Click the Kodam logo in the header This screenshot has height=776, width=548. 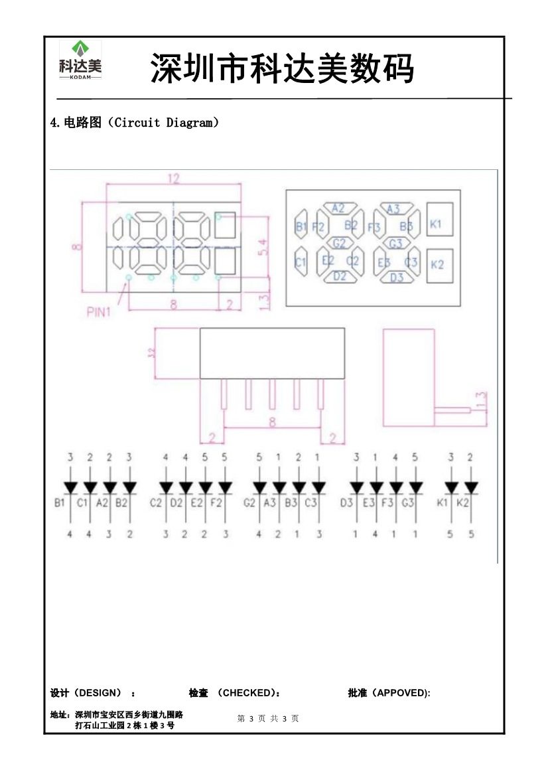[x=80, y=60]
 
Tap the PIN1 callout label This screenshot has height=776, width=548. [x=98, y=312]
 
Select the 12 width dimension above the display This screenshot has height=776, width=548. [x=173, y=179]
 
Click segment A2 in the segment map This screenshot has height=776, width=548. [x=338, y=208]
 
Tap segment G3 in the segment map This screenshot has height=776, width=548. [x=396, y=244]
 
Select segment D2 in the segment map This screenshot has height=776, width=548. [x=340, y=277]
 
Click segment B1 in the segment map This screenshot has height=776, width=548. [x=301, y=226]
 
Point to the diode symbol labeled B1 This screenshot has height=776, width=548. [x=70, y=488]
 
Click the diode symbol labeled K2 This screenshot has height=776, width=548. [x=471, y=488]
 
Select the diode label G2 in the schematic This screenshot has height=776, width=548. [x=249, y=503]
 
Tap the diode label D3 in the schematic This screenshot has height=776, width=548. [x=346, y=503]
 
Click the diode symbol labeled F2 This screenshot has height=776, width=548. [x=226, y=488]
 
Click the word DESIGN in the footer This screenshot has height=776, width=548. [x=100, y=693]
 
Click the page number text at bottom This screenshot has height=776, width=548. [x=268, y=718]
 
